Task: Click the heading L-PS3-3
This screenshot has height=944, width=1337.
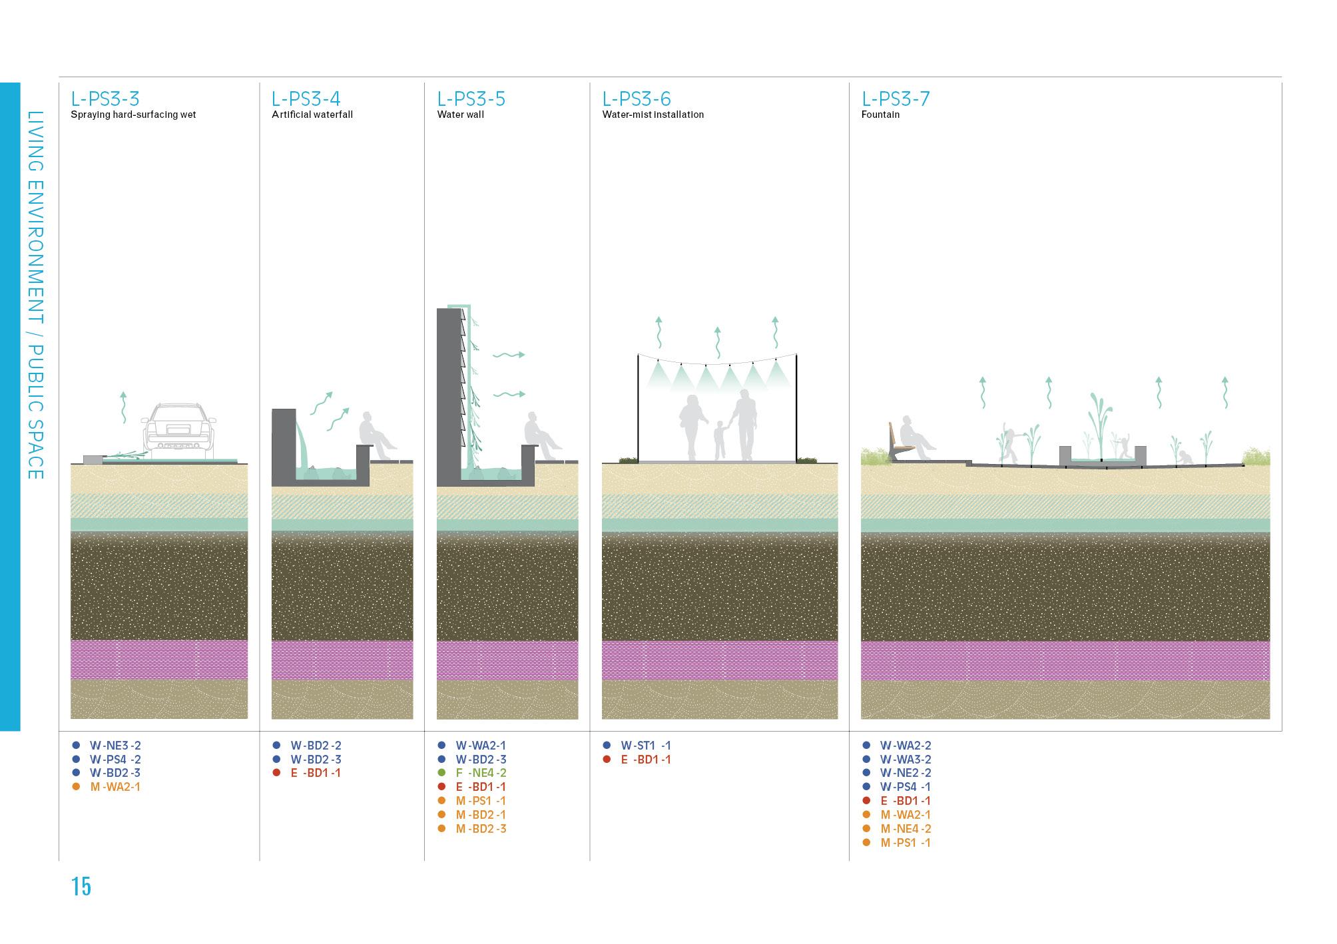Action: coord(105,99)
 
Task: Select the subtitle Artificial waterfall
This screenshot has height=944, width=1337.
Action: coord(312,115)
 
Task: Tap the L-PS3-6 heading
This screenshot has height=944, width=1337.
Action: coord(636,99)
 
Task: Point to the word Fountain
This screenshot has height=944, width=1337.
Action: coord(880,115)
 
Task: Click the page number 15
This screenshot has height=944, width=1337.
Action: coord(81,887)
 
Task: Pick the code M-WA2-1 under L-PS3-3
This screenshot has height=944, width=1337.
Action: coord(115,787)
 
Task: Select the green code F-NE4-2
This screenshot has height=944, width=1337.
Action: coord(481,773)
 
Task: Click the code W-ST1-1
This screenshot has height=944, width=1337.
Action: coord(646,746)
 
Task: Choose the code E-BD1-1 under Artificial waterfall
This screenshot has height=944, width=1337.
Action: coord(316,773)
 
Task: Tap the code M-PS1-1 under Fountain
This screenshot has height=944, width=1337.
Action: coord(906,843)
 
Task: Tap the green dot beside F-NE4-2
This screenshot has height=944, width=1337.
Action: coord(441,773)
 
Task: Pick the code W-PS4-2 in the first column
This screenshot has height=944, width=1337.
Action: coord(115,760)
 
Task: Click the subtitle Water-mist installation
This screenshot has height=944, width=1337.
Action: coord(653,115)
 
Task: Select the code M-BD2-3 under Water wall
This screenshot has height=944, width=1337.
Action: coord(481,829)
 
